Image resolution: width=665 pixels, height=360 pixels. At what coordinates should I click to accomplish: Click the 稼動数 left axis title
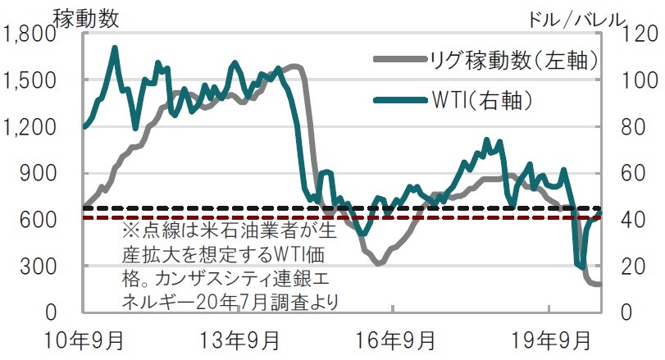(x=83, y=14)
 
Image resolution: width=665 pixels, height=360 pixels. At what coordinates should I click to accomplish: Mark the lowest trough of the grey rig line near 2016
(x=378, y=263)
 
